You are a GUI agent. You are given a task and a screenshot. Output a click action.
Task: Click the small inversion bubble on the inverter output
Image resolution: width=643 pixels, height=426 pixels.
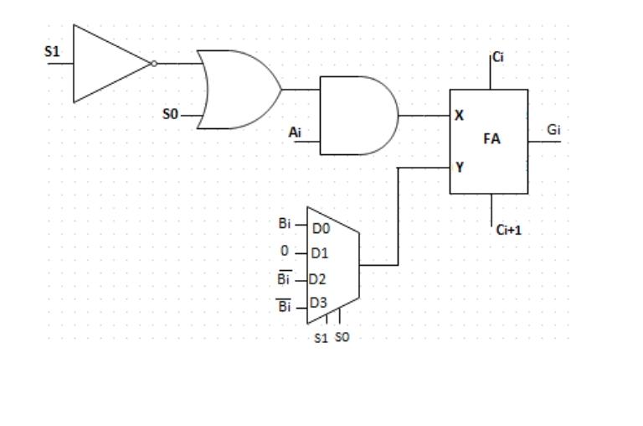point(153,64)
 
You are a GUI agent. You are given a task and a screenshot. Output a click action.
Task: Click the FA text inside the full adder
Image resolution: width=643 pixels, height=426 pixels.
point(491,139)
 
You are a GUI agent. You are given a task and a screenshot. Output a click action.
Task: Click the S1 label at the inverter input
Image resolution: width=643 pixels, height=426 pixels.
point(52,51)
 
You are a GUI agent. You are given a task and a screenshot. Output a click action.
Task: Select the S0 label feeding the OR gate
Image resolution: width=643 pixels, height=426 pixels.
point(170,114)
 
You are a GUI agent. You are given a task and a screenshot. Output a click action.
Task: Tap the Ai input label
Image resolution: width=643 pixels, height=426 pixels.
point(295,132)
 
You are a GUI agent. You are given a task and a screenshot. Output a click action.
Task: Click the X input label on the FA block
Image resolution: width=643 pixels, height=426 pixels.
point(459,116)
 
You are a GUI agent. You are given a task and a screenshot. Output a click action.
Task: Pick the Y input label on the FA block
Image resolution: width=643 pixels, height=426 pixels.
point(459,167)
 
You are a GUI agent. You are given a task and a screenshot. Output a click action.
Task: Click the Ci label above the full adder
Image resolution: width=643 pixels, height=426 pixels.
point(498,57)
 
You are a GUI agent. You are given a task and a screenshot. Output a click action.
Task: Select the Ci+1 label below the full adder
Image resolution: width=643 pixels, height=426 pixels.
point(508,229)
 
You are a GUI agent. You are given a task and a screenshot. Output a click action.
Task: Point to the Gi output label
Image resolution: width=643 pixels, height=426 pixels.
point(553,129)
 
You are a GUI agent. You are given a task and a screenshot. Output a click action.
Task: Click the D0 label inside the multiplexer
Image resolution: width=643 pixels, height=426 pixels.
point(321,227)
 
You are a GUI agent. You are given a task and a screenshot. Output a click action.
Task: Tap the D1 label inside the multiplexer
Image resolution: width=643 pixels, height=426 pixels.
point(319,252)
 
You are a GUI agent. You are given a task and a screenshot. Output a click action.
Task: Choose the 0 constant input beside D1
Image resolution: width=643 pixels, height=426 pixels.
point(285,251)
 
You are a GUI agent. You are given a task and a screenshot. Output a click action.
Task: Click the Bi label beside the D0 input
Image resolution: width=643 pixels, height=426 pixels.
point(285,224)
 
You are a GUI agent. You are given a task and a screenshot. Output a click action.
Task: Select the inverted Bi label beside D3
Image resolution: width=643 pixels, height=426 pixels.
point(285,306)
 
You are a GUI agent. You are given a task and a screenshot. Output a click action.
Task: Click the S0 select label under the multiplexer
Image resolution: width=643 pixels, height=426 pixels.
point(342,338)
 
